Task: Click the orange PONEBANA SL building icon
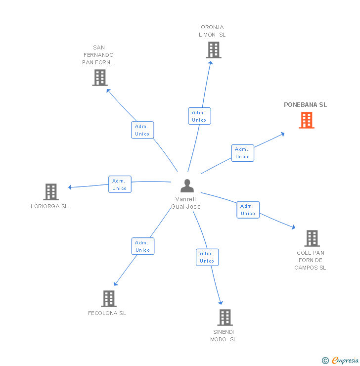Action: click(307, 120)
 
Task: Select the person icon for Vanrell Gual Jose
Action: click(187, 186)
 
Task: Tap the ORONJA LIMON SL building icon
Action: click(213, 50)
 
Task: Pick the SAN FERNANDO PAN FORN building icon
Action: click(100, 78)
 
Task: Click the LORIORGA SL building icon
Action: click(50, 192)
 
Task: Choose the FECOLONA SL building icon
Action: click(109, 299)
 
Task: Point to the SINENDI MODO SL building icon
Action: click(225, 318)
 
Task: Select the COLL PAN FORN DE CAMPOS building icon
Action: click(312, 238)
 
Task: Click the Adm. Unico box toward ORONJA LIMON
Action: click(199, 116)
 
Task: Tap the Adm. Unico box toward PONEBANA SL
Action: click(242, 153)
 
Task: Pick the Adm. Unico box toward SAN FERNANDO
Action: click(142, 130)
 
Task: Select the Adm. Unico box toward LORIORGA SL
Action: click(120, 184)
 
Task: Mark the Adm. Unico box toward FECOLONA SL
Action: click(143, 246)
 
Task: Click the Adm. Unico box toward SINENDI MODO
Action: click(207, 257)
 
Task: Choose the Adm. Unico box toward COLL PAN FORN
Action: click(248, 210)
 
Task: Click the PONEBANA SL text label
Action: click(305, 105)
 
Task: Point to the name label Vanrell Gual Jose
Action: click(186, 203)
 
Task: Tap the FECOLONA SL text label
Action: click(107, 313)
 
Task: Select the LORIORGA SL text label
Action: click(49, 206)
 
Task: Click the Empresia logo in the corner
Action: click(345, 361)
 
